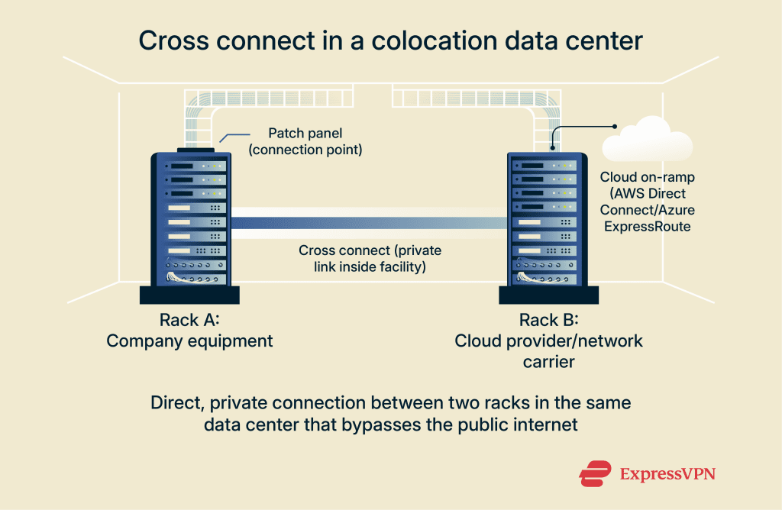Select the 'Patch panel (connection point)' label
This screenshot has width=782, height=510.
pos(305,140)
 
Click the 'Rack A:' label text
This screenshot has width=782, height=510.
pos(189,319)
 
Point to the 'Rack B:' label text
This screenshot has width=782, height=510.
pos(549,319)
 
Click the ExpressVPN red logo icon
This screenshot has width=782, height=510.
pos(596,473)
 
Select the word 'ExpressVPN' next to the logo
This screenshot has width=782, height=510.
pos(667,474)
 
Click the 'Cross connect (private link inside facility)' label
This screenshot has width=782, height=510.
pos(370,259)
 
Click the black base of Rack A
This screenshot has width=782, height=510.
pos(189,295)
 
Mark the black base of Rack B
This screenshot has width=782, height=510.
pos(548,295)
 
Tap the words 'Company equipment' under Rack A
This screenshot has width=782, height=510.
pos(189,341)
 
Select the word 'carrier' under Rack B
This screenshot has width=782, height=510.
pos(548,361)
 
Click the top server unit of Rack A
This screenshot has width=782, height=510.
pos(189,165)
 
